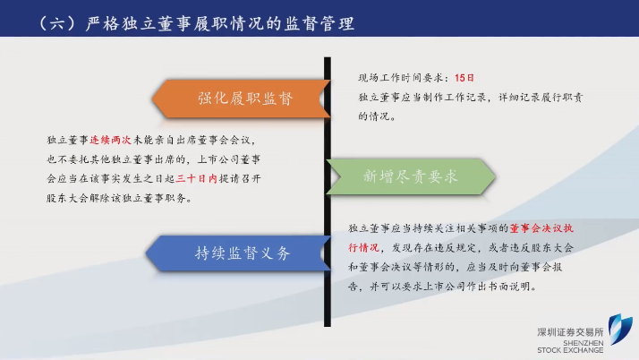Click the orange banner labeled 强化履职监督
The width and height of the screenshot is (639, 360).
[242, 99]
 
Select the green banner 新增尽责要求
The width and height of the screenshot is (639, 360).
[411, 176]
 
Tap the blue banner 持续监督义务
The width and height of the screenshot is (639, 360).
[238, 253]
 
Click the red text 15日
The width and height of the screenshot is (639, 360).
[464, 78]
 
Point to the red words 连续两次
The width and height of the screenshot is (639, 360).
[110, 141]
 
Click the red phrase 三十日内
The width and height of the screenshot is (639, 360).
[196, 178]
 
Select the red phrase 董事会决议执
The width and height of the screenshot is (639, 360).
[541, 228]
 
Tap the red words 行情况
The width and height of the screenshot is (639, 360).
[363, 247]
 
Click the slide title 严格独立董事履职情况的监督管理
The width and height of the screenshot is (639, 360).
[220, 23]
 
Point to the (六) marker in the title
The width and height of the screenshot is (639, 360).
[57, 23]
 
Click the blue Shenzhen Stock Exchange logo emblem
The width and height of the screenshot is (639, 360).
[620, 329]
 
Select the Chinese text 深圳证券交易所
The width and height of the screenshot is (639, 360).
[570, 332]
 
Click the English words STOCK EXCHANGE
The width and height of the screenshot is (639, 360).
[570, 350]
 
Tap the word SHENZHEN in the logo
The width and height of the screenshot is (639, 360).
[584, 343]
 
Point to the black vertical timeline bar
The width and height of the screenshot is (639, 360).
[328, 192]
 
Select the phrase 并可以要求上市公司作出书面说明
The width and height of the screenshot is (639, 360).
[452, 287]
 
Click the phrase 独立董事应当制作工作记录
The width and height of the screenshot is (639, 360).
[422, 98]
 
